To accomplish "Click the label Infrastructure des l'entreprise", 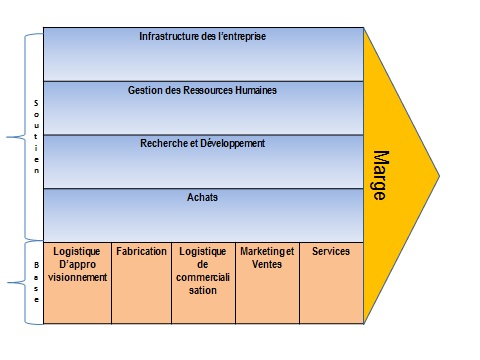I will [203, 37].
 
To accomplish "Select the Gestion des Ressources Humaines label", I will [203, 91].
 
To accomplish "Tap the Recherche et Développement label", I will [203, 144].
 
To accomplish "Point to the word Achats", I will [203, 198].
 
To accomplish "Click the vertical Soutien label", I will [37, 136].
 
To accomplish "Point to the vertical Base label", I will [37, 282].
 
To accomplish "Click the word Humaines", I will [253, 91].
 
